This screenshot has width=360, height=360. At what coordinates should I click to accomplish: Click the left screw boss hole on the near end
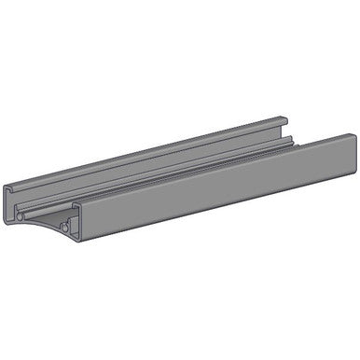(x=20, y=217)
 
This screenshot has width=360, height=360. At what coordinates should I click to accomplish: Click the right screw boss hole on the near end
(x=64, y=227)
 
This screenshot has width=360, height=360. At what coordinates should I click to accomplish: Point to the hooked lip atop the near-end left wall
(x=8, y=189)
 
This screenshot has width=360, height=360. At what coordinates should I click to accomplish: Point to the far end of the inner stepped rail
(x=292, y=140)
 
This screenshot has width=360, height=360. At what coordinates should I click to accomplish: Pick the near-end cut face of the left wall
(x=8, y=205)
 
